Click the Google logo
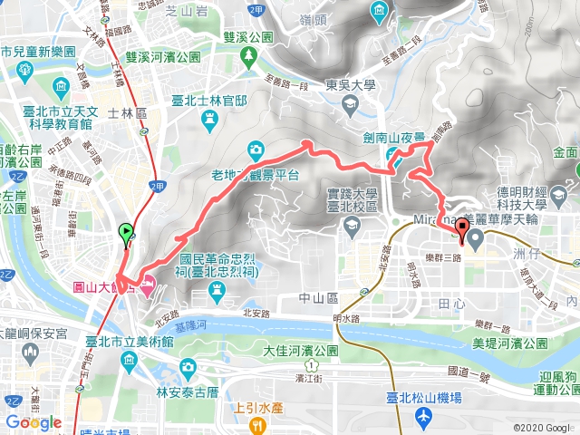point(34,422)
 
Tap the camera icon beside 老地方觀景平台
point(256,149)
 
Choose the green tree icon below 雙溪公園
point(249,56)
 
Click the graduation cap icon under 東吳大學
point(350,106)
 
